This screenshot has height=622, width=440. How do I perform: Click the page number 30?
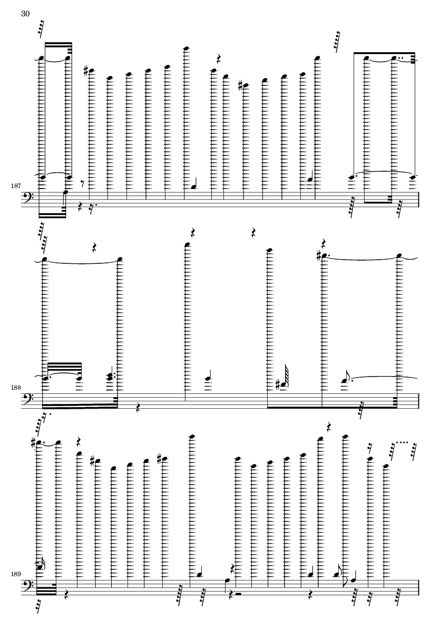coord(25,14)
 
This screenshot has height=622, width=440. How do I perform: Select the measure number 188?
coord(15,388)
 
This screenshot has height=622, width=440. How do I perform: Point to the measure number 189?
coord(15,574)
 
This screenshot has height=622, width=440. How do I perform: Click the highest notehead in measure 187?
coord(185,48)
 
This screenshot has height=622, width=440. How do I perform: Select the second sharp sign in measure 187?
coord(240,85)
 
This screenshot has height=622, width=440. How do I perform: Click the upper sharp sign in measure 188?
coord(319,256)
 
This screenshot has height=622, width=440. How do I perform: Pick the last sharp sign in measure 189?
coord(160,459)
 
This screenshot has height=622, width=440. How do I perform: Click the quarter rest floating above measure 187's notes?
coord(218,60)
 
